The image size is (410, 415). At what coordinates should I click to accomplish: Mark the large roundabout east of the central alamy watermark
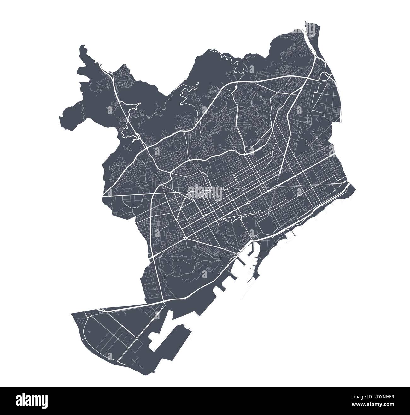[249, 202]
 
